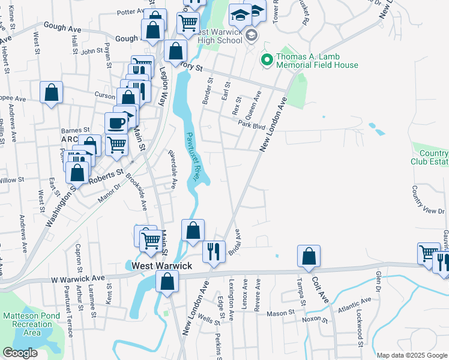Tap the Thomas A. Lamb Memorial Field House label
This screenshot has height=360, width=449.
317,61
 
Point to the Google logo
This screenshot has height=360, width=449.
20,353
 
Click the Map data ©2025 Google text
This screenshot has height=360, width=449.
412,355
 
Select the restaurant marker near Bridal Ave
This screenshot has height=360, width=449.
213,250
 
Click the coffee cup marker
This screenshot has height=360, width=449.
116,123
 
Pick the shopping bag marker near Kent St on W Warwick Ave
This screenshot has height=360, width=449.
167,280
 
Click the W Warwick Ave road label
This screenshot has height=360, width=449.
77,279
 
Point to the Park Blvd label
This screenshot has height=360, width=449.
251,125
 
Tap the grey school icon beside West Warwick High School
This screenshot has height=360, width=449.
252,36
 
